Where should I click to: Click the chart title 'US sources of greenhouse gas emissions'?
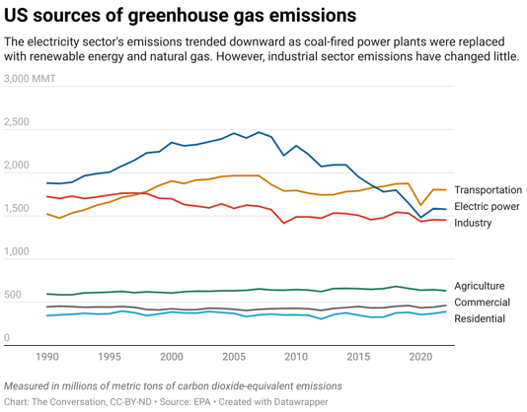181,16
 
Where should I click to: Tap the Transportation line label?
488,190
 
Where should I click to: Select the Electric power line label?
487,207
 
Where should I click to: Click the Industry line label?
473,224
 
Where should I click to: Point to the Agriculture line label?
480,286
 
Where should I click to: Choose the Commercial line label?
482,303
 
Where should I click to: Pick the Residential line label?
480,319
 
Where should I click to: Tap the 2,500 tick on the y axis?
17,123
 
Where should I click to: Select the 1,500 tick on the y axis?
17,210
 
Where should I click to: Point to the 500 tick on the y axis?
12,296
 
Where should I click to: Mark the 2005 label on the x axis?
234,356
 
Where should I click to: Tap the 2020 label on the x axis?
420,356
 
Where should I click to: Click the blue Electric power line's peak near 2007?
259,131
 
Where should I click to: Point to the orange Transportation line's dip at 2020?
420,205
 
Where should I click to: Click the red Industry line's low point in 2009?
284,223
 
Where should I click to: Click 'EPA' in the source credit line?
210,402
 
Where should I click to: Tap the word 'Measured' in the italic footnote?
32,385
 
